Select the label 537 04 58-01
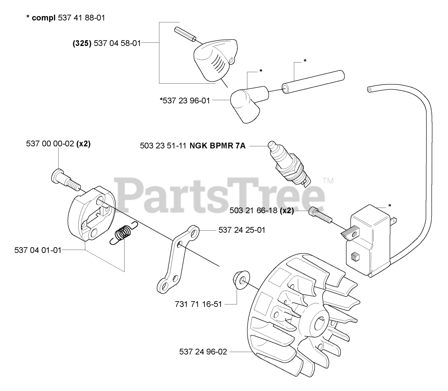[x=117, y=43]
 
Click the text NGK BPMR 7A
[x=217, y=146]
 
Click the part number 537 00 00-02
[x=50, y=144]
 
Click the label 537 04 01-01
[x=38, y=250]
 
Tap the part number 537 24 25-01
[x=242, y=230]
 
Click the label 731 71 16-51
[x=198, y=304]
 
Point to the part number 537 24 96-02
[x=203, y=352]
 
